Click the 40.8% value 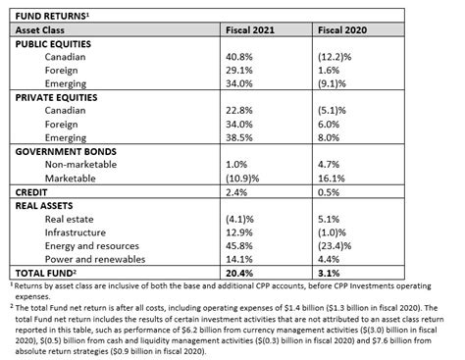coord(241,58)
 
